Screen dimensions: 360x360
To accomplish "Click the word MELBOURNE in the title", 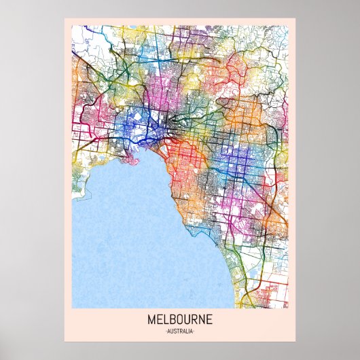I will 179,319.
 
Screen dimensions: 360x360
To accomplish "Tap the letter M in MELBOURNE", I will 150,319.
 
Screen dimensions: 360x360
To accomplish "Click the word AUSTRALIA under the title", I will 179,331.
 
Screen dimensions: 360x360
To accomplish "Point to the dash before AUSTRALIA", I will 166,331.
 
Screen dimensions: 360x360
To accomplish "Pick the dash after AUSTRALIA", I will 194,331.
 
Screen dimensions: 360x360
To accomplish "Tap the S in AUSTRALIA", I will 174,331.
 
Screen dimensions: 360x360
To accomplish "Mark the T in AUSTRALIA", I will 177,331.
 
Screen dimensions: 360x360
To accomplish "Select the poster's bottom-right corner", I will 295,341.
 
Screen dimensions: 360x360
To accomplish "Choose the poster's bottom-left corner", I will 65,341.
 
